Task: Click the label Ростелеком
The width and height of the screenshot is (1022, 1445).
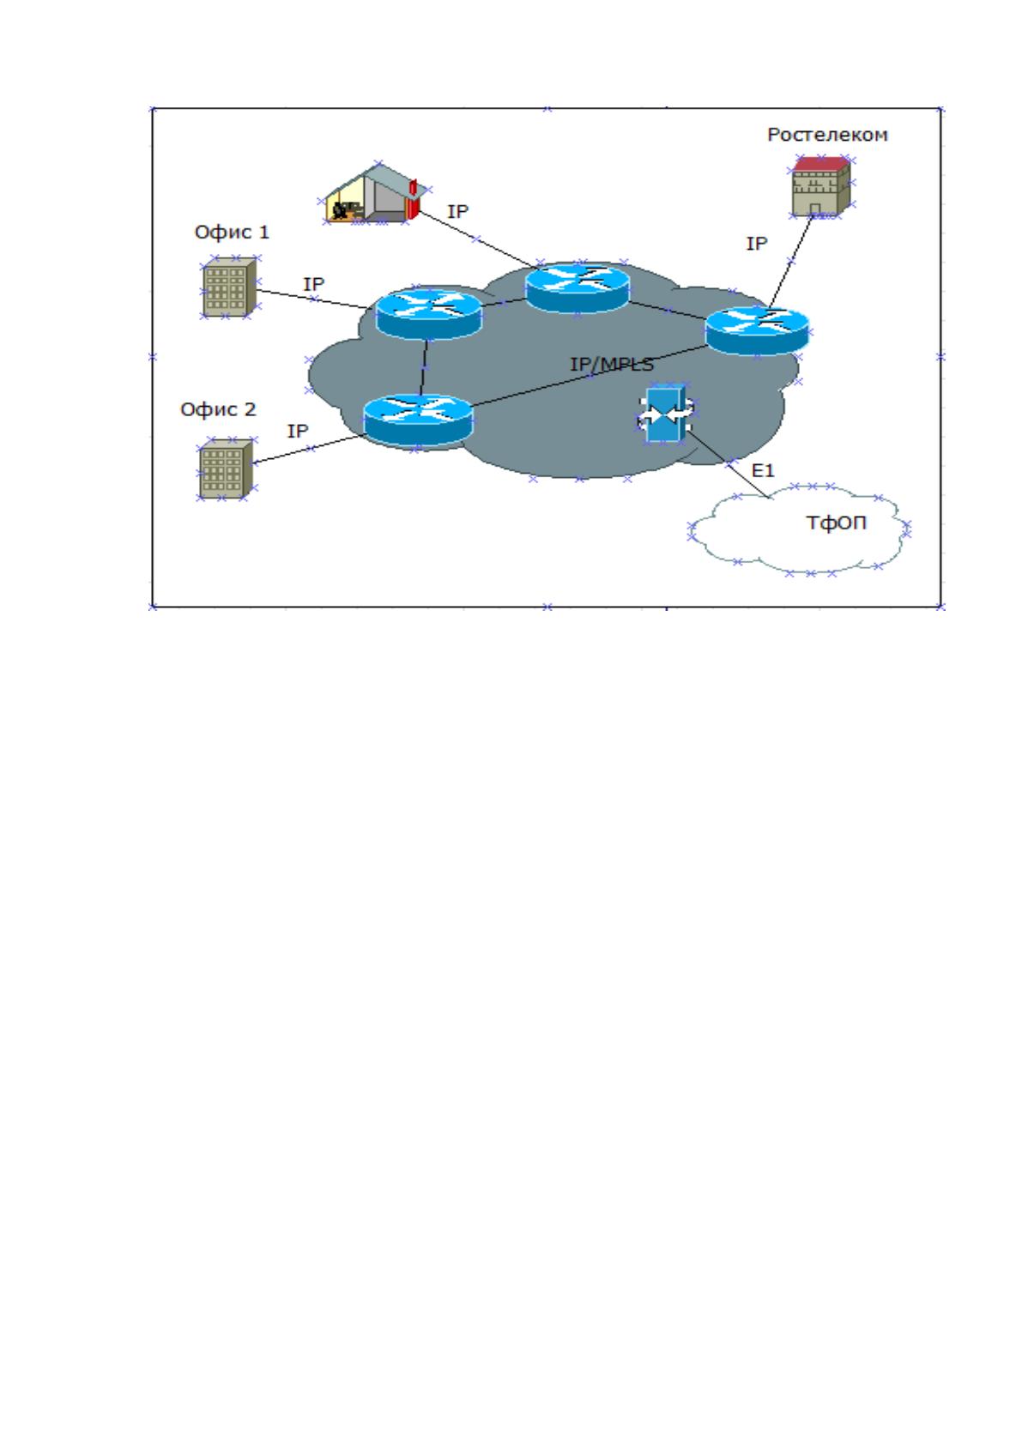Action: (826, 135)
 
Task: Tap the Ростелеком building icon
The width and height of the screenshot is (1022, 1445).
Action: (820, 186)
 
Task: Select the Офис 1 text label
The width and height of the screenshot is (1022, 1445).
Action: (232, 233)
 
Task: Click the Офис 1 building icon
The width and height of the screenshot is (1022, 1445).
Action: (230, 287)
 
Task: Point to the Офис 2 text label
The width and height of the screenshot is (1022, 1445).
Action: (218, 409)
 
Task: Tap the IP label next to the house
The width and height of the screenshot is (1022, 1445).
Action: (457, 212)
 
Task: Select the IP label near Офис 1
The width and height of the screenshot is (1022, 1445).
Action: (313, 284)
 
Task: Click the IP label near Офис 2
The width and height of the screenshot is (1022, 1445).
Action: (298, 431)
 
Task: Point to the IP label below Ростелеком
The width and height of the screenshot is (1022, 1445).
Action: (756, 244)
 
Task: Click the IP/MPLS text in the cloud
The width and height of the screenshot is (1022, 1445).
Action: (612, 365)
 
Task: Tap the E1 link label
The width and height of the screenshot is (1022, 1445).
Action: (763, 471)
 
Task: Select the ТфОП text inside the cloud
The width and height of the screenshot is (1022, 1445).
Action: (836, 523)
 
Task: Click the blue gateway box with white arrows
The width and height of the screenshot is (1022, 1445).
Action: (666, 414)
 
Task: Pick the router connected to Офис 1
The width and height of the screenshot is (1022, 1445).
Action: (429, 313)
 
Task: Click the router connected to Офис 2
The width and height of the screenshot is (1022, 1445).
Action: (418, 420)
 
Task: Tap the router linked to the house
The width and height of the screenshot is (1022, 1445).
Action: (577, 287)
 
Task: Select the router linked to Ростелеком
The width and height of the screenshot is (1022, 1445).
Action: (757, 330)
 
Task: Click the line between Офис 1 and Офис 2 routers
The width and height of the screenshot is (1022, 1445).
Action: (424, 367)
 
